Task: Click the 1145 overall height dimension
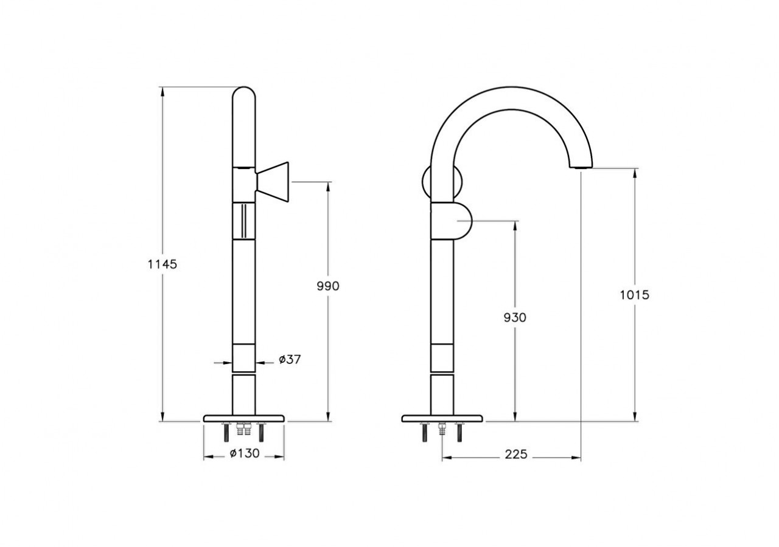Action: click(162, 264)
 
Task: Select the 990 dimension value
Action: click(327, 286)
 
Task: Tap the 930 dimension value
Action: click(515, 317)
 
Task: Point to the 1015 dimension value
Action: click(635, 295)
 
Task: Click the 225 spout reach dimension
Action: click(515, 455)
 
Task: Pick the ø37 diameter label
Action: click(290, 360)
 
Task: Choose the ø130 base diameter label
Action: click(245, 453)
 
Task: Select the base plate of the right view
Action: click(442, 418)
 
